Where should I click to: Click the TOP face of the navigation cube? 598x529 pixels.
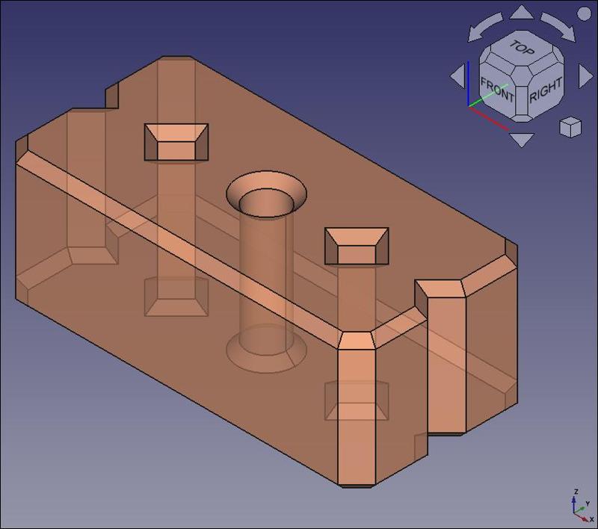[x=522, y=49]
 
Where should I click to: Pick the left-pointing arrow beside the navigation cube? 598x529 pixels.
[x=457, y=75]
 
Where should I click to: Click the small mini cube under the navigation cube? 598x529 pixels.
[x=570, y=127]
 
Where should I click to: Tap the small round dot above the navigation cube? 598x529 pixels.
[x=584, y=13]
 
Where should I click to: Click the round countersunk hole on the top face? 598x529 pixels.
[x=267, y=197]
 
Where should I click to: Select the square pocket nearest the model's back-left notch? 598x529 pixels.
[x=176, y=142]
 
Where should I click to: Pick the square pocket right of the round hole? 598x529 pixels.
[x=357, y=246]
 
